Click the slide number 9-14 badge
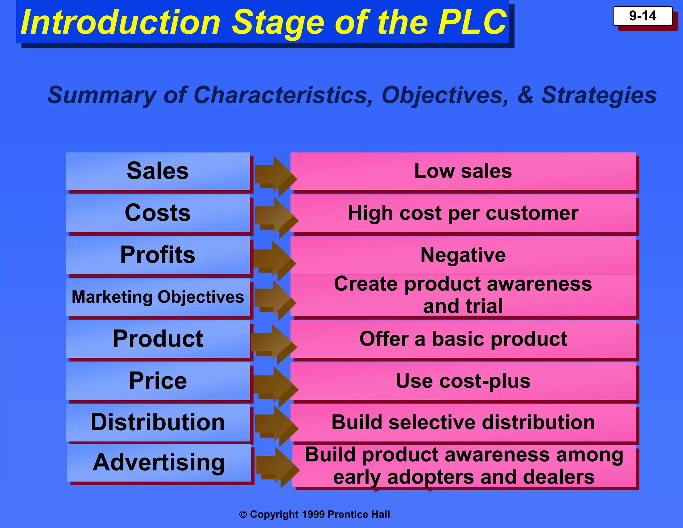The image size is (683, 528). [x=642, y=16]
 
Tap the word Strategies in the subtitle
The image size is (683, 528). [x=599, y=95]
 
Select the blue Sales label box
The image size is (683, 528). [x=158, y=171]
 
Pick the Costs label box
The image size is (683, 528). [x=158, y=213]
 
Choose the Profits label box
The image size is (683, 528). [x=158, y=255]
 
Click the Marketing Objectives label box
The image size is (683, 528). [x=158, y=297]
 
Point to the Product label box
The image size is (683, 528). [x=158, y=339]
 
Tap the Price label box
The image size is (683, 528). [x=158, y=381]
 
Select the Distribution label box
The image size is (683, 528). [x=158, y=423]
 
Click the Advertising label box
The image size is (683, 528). [x=159, y=463]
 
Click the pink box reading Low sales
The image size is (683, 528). [x=463, y=171]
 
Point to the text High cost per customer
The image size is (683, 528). [x=463, y=213]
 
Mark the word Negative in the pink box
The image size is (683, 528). [x=463, y=255]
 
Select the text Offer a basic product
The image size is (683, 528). [x=463, y=339]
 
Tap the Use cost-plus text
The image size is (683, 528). [x=463, y=381]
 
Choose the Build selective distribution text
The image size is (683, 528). [x=463, y=423]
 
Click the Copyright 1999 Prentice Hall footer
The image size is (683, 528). [x=314, y=514]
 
